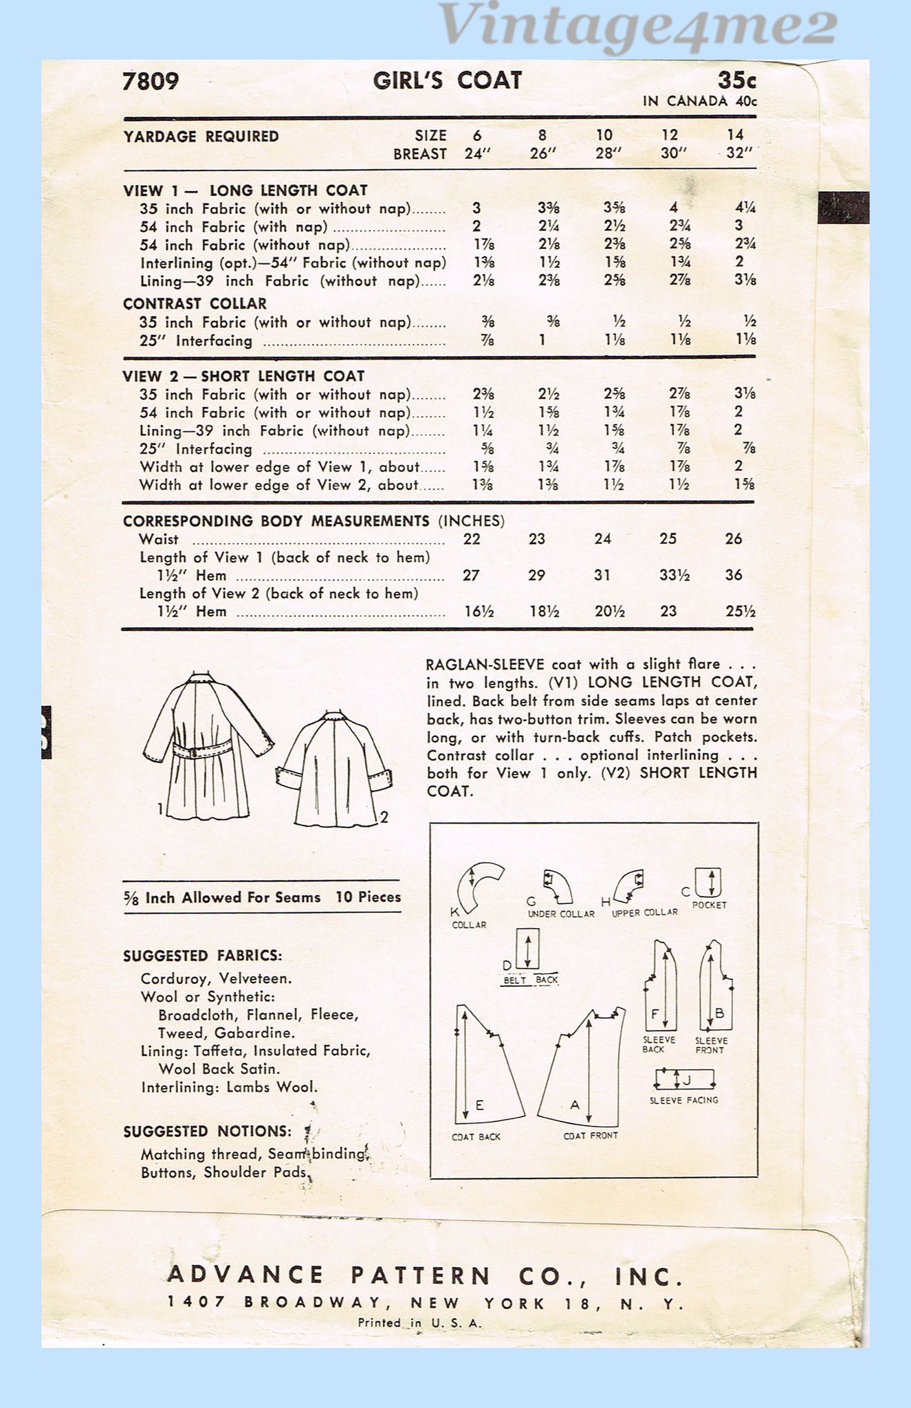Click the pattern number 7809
click(x=151, y=82)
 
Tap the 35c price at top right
click(x=736, y=80)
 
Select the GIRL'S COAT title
click(x=447, y=80)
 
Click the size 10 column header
click(x=604, y=135)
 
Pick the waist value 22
click(x=472, y=539)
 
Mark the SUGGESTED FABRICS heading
click(x=203, y=956)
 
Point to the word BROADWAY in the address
click(x=313, y=1303)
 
